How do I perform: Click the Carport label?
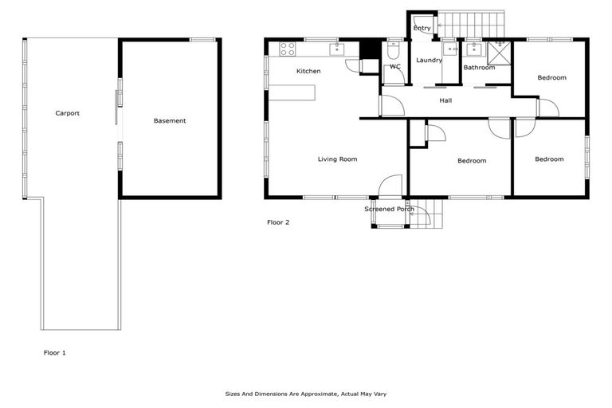tap(67, 113)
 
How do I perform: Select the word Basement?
tap(170, 121)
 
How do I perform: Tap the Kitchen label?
tap(308, 72)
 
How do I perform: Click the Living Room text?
tap(337, 159)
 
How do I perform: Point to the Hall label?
tap(445, 100)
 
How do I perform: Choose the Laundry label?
tap(429, 61)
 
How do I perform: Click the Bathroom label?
tap(479, 68)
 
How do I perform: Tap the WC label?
tap(394, 67)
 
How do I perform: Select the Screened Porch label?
tap(390, 209)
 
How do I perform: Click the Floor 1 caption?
tap(55, 351)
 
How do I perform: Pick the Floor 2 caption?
tap(278, 222)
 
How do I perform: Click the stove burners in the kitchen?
tap(287, 49)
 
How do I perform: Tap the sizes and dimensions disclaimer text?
tap(306, 394)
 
